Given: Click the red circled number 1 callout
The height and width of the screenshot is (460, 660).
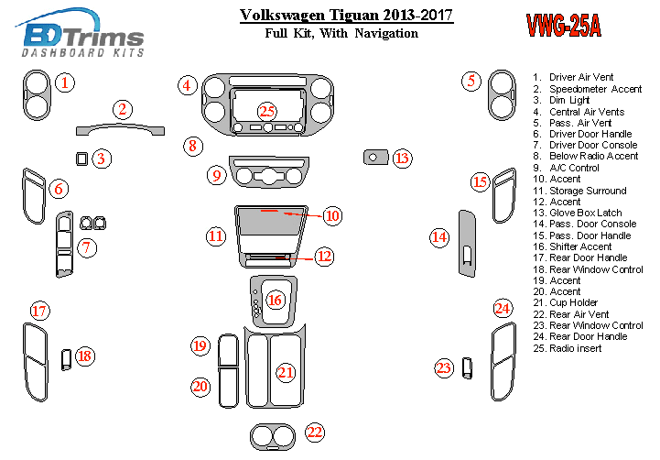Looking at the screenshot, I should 64,83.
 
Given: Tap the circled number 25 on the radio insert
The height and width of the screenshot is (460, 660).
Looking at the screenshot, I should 266,111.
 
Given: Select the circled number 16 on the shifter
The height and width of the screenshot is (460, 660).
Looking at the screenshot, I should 276,300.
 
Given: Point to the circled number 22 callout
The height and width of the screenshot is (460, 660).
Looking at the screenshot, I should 315,433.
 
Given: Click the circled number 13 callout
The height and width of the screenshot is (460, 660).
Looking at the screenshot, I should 403,159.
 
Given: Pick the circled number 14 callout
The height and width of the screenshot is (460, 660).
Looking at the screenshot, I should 440,238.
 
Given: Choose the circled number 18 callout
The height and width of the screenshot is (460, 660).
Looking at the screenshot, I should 84,356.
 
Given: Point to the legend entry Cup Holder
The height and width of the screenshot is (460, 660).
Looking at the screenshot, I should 574,302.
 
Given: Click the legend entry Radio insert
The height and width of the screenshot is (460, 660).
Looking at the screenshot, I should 576,348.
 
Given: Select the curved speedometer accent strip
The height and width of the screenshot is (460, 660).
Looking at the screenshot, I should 120,127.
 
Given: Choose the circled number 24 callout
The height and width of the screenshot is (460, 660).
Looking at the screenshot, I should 502,308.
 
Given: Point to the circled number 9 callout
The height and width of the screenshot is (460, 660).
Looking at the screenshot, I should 216,175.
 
